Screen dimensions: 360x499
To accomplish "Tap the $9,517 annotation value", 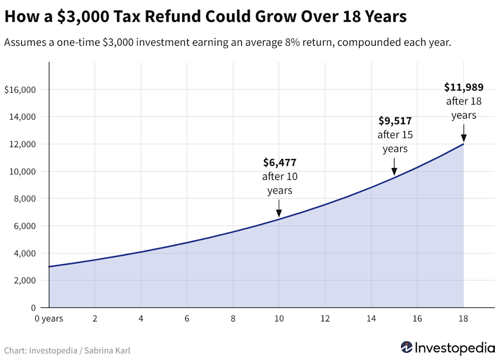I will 394,121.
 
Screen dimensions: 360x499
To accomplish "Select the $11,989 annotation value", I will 464,87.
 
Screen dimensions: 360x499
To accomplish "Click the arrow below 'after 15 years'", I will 394,166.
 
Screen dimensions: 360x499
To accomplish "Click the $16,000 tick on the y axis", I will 19,90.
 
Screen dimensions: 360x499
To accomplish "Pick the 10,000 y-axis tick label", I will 22,172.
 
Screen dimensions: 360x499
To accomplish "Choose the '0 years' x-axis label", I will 48,318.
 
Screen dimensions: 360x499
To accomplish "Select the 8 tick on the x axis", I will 233,318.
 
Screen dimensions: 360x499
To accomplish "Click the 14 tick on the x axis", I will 371,318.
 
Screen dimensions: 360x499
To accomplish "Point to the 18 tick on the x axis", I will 463,318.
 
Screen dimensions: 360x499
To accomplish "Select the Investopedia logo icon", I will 407,347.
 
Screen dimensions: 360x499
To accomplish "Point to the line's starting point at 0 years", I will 49,267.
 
